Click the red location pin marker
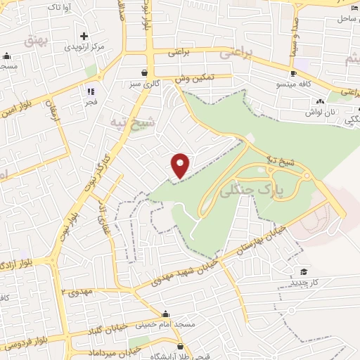tap(181, 165)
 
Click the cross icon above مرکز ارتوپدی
tap(84, 35)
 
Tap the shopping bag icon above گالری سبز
tap(144, 72)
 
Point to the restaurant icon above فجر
tap(90, 91)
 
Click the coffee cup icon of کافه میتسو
tap(294, 74)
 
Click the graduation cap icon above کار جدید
tap(304, 271)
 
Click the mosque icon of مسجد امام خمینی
tap(165, 314)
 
